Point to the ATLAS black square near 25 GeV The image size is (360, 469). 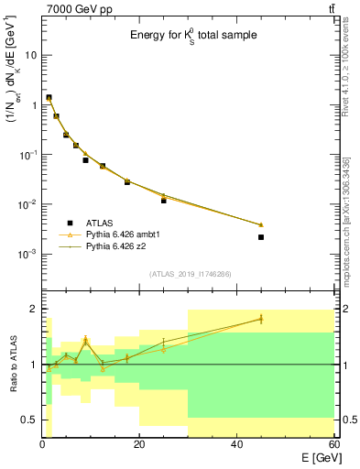(x=164, y=200)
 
